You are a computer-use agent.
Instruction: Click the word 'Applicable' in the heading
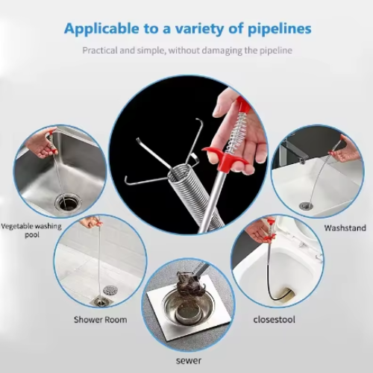[101, 29]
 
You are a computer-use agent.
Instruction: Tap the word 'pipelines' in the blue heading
[280, 29]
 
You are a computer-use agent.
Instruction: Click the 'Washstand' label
[345, 228]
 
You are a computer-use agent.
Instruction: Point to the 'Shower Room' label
[101, 319]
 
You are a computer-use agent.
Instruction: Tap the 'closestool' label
[274, 319]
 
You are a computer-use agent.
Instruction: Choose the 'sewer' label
[189, 360]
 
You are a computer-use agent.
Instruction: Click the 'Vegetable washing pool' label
[31, 231]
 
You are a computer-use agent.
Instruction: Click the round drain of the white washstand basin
[306, 206]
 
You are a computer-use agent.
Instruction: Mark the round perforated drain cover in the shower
[110, 289]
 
